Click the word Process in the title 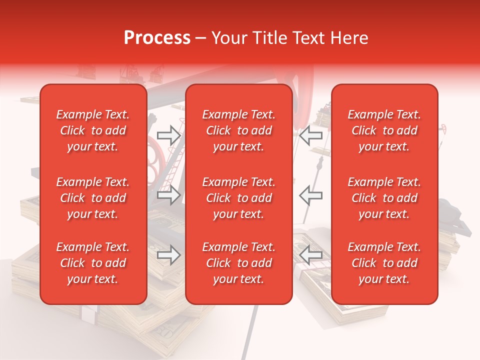(x=157, y=38)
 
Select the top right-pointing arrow (x=168, y=135)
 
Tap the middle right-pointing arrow (x=168, y=195)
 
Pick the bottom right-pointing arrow (x=168, y=255)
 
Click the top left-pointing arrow (x=310, y=135)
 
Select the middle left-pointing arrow (x=310, y=195)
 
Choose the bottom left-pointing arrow (x=310, y=255)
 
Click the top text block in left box (x=93, y=130)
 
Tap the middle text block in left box (x=93, y=198)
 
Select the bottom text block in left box (x=93, y=263)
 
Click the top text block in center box (x=238, y=130)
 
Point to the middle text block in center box (x=238, y=198)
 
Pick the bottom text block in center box (x=238, y=263)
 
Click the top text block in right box (x=384, y=130)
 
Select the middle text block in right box (x=384, y=198)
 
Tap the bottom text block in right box (x=384, y=263)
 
